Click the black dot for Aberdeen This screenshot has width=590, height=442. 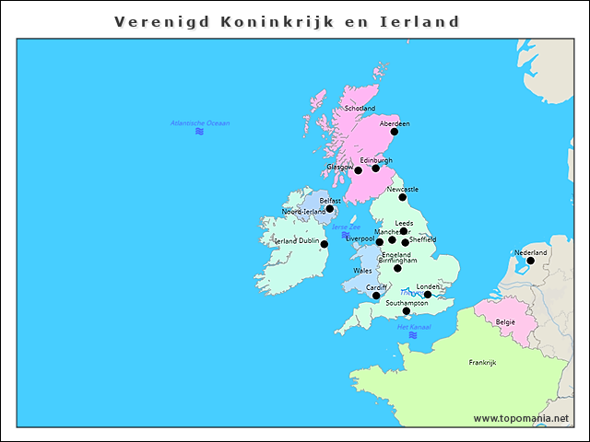point(395,132)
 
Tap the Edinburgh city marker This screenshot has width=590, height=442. point(375,169)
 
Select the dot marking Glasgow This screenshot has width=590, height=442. point(358,170)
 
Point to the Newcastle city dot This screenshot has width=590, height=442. point(402,197)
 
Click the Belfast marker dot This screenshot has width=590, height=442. point(330,208)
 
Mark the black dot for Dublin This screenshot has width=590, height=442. point(324,244)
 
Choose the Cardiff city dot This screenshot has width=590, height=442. point(376,296)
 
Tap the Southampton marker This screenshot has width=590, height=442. point(407,311)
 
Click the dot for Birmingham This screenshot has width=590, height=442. point(397,268)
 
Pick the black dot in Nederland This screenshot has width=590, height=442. point(530,261)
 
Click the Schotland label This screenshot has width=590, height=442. point(360,109)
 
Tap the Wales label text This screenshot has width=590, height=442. point(362,271)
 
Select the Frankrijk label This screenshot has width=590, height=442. point(482,363)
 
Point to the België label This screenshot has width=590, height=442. point(506,322)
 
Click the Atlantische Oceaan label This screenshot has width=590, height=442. point(200,122)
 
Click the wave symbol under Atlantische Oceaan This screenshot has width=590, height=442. point(199,132)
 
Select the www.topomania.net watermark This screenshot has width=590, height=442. point(521,418)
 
